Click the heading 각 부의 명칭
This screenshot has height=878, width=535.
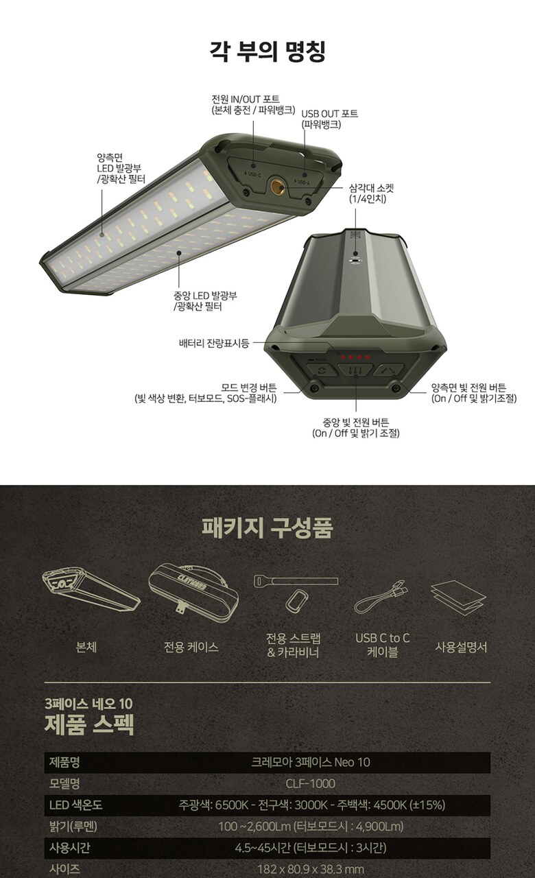[267, 51]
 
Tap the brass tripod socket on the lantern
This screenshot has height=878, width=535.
[277, 186]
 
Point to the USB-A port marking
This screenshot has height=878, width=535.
[302, 182]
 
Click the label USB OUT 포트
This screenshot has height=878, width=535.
[330, 114]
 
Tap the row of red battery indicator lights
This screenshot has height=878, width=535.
[355, 357]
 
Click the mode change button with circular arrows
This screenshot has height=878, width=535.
[322, 370]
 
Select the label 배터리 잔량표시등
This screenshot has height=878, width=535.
[213, 343]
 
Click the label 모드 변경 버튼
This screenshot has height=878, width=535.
[249, 388]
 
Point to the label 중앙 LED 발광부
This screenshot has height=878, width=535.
[205, 295]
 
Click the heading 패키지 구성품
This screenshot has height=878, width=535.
[267, 527]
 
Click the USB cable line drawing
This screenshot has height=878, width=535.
[381, 597]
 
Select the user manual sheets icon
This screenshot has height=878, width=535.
[458, 597]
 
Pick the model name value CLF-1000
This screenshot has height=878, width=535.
[311, 783]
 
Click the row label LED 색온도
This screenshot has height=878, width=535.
[75, 805]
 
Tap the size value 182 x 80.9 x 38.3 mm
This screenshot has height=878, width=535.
[311, 869]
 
